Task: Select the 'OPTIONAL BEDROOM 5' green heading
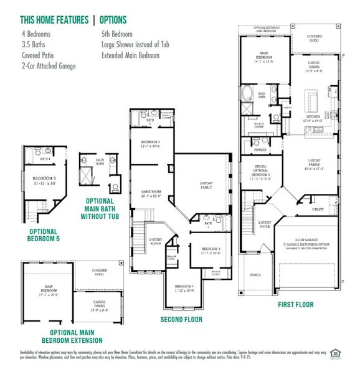point(44,234)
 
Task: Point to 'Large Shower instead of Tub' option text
point(131,45)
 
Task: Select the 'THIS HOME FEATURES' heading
point(54,21)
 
